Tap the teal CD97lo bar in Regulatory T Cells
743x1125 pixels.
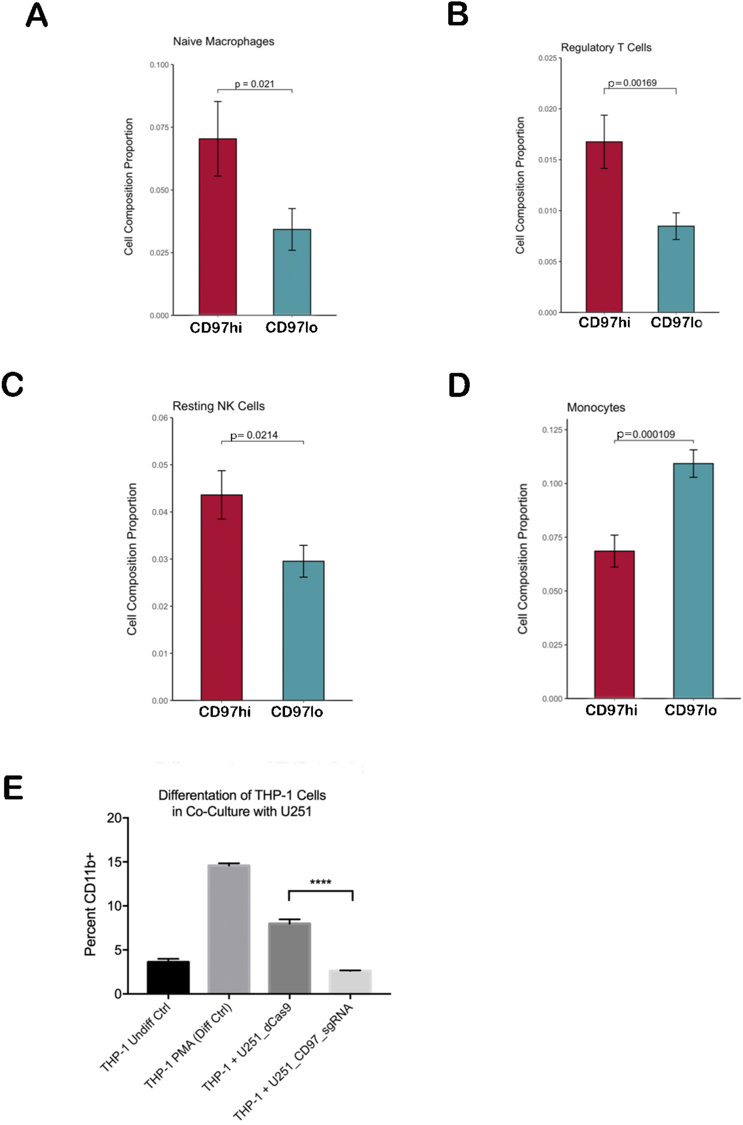click(676, 269)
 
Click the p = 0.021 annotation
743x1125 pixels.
click(254, 84)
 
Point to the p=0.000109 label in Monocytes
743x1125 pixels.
click(645, 434)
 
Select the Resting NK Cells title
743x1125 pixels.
click(219, 406)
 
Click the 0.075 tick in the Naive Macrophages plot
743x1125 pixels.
click(159, 127)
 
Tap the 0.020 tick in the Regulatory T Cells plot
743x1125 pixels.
click(547, 109)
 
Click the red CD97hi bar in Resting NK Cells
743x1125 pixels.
click(221, 597)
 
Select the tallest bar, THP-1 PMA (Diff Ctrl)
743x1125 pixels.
click(229, 929)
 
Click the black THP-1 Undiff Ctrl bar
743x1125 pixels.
click(168, 977)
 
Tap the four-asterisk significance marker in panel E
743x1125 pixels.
click(320, 882)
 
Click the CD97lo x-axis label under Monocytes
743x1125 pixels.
click(690, 710)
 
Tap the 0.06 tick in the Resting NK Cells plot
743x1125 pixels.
click(160, 418)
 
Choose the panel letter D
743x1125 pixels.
click(459, 385)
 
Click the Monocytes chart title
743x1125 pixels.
click(596, 407)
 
